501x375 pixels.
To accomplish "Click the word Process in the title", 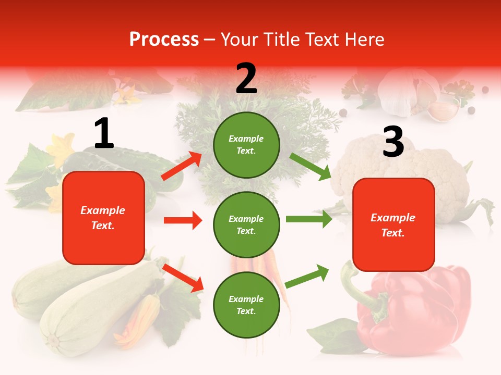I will point(164,39).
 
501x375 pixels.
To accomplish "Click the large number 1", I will point(104,134).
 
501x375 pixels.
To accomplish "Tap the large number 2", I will point(246,79).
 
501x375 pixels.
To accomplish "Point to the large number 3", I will point(393,142).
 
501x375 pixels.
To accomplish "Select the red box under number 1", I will point(103,218).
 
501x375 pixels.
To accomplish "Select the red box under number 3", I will point(393,224).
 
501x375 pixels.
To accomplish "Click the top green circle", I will point(246,145).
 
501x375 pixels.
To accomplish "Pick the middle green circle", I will point(246,224).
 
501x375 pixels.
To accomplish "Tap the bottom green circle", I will point(246,305).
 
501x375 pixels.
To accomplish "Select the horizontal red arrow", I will point(183,220).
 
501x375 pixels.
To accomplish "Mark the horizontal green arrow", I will point(309,219).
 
